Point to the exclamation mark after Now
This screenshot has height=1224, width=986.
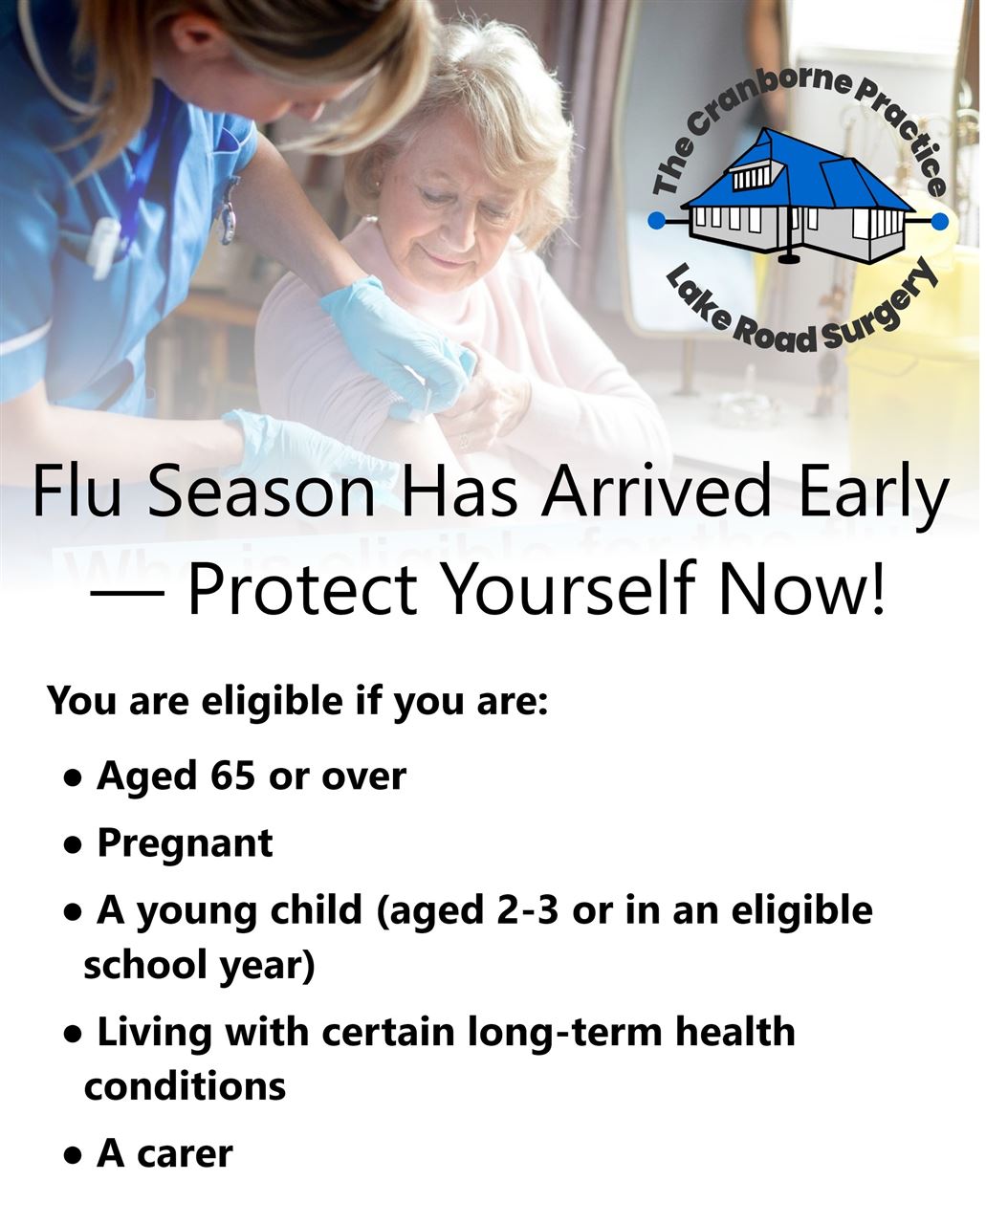click(x=876, y=590)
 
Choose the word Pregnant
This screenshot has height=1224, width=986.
click(x=185, y=843)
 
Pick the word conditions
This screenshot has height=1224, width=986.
click(x=185, y=1086)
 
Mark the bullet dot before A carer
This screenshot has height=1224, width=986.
click(x=72, y=1156)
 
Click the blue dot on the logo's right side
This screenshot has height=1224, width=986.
click(x=939, y=222)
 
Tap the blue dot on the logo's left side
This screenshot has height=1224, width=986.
click(x=656, y=222)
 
